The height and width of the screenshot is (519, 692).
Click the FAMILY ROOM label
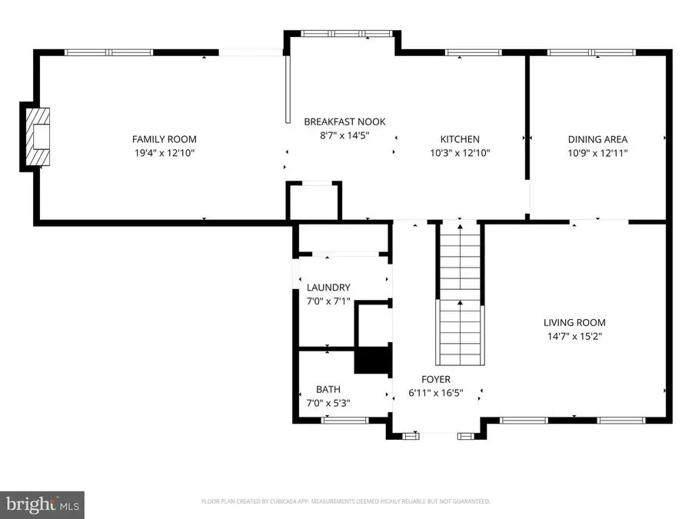click(x=164, y=139)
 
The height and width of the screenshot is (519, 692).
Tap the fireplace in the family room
click(x=39, y=138)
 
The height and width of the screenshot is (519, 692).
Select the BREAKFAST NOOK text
click(x=344, y=121)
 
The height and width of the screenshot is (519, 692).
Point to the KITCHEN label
click(x=460, y=139)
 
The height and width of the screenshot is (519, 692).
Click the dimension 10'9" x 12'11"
click(x=597, y=153)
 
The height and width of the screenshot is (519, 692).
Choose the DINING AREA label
click(x=597, y=139)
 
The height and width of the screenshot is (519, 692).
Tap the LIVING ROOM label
click(x=574, y=323)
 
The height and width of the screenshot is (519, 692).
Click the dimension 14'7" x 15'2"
click(x=574, y=336)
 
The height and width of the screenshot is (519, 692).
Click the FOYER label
click(x=435, y=379)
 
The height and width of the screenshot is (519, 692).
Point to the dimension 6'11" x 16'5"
click(x=435, y=393)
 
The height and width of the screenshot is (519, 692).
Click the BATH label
click(x=328, y=389)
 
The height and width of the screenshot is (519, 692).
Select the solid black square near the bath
click(x=371, y=360)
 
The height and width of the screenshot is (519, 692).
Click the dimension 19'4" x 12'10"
click(x=164, y=153)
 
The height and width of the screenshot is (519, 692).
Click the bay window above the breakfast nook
click(x=344, y=34)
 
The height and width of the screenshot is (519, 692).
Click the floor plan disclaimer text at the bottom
click(x=345, y=501)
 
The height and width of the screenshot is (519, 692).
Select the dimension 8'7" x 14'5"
click(x=344, y=135)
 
